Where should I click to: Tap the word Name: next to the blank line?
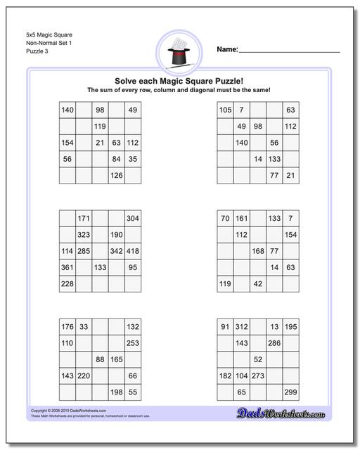click(227, 49)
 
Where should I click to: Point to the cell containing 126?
click(117, 175)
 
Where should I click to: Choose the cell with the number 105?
click(225, 110)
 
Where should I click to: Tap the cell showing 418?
click(133, 251)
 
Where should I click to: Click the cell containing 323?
click(84, 235)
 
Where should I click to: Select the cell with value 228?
click(67, 283)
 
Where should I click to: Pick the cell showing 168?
click(258, 251)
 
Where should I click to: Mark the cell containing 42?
click(258, 283)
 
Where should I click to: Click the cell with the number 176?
click(67, 326)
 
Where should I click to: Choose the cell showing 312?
click(241, 326)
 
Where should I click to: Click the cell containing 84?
click(117, 159)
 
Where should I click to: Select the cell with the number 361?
click(67, 267)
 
